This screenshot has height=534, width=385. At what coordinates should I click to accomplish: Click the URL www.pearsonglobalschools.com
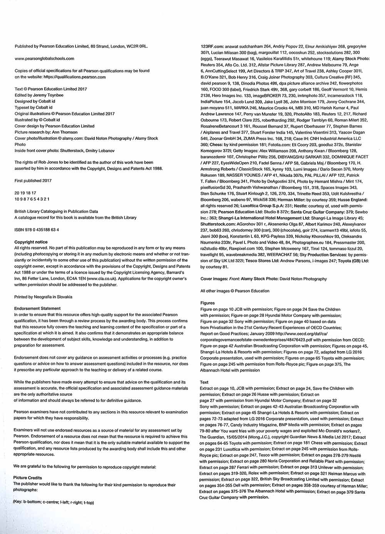(x=44, y=59)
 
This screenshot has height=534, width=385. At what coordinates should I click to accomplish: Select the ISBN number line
(x=37, y=230)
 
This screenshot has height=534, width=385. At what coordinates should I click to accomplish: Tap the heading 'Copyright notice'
(x=31, y=242)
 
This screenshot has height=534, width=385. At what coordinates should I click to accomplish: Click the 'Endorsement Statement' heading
(x=37, y=308)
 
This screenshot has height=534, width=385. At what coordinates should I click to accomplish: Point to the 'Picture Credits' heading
(x=27, y=478)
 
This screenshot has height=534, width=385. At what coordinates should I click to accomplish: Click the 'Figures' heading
(x=208, y=303)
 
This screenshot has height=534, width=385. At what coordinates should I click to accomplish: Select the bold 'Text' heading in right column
(x=204, y=382)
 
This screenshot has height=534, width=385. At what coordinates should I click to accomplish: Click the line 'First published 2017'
(x=33, y=181)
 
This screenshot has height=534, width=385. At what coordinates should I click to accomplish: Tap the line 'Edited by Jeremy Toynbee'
(x=39, y=95)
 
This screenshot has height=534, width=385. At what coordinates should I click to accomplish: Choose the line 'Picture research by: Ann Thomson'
(x=46, y=132)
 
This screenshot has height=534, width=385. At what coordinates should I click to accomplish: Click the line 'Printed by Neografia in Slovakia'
(x=43, y=297)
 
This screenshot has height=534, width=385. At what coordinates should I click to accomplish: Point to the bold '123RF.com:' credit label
(x=212, y=47)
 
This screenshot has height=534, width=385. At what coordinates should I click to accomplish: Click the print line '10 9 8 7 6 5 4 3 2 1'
(x=32, y=199)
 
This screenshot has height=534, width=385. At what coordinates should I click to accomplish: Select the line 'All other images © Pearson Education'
(x=235, y=291)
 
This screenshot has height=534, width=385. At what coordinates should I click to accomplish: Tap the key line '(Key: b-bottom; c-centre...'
(x=54, y=502)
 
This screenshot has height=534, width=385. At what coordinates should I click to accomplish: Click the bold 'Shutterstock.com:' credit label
(x=218, y=224)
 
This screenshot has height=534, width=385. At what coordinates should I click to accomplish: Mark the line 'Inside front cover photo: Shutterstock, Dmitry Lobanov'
(x=64, y=151)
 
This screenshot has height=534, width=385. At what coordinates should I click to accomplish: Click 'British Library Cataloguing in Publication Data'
(x=56, y=211)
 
